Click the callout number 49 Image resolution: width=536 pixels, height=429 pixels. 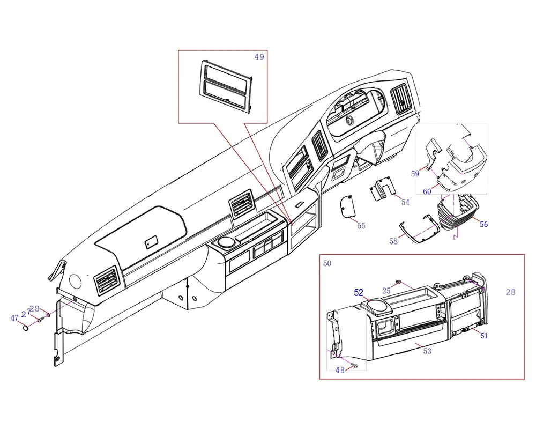[x=259, y=57]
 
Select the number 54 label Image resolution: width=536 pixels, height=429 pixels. [x=405, y=202]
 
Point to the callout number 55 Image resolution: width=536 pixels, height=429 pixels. [x=361, y=226]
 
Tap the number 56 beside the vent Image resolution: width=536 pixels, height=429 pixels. [x=483, y=224]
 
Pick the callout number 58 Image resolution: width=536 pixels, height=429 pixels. [x=394, y=242]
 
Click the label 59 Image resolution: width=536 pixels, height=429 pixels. [x=415, y=173]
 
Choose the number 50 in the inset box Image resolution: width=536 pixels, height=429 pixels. [x=327, y=263]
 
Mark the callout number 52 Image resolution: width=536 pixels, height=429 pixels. [x=359, y=293]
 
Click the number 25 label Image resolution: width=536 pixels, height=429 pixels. [x=386, y=290]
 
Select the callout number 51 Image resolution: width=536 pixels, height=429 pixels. [x=483, y=336]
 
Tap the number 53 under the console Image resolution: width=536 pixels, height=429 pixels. [x=427, y=351]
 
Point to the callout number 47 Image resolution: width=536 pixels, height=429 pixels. [x=14, y=318]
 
